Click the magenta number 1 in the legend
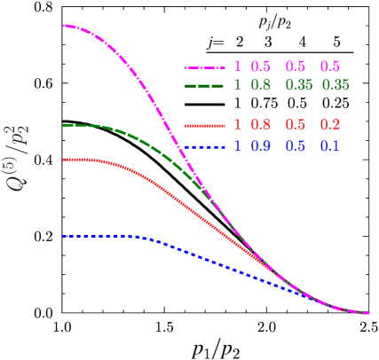pyautogui.click(x=237, y=67)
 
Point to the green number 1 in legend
pyautogui.click(x=237, y=85)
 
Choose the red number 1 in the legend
pyautogui.click(x=237, y=125)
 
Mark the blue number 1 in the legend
pyautogui.click(x=237, y=145)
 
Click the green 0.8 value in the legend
pyautogui.click(x=260, y=85)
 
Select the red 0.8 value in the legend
pyautogui.click(x=260, y=125)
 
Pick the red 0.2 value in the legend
pyautogui.click(x=329, y=125)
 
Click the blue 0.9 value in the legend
pyautogui.click(x=260, y=145)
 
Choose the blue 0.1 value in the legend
pyautogui.click(x=329, y=145)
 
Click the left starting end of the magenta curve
pyautogui.click(x=64, y=26)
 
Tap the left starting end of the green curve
pyautogui.click(x=64, y=125)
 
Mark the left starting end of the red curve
pyautogui.click(x=64, y=160)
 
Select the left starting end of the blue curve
pyautogui.click(x=64, y=237)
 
